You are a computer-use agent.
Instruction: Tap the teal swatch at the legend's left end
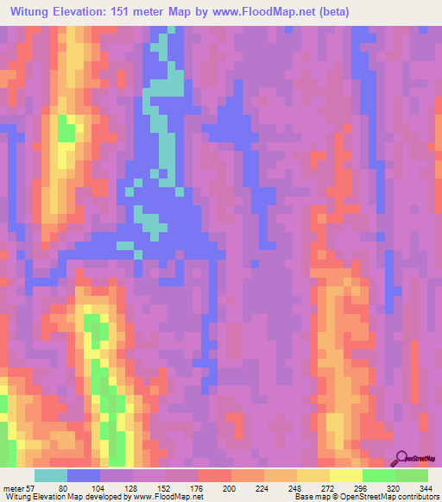click(51, 475)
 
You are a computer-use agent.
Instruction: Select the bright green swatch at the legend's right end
click(411, 475)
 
